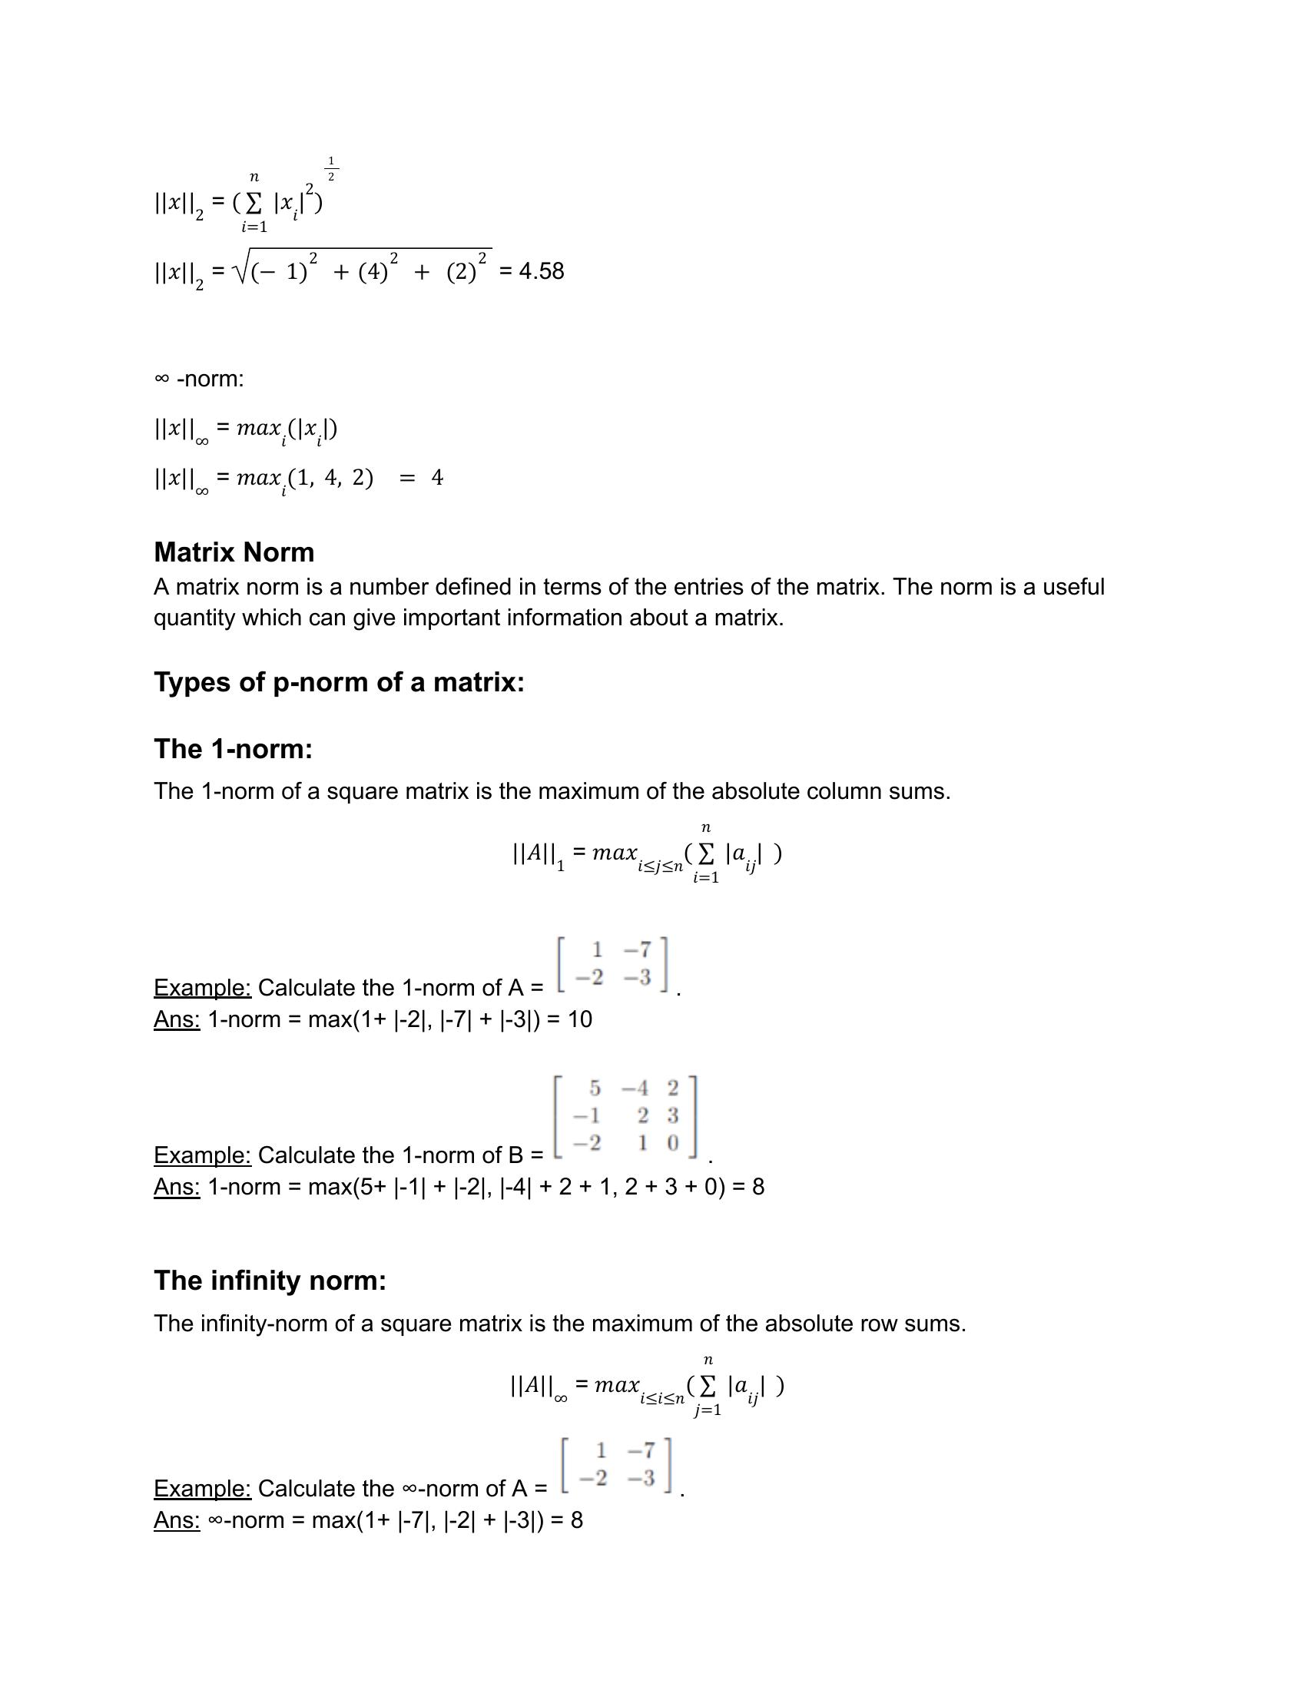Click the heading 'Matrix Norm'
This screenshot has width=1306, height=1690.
(234, 552)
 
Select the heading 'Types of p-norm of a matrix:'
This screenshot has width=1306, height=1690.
(339, 682)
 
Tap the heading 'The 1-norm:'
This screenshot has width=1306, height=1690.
(233, 749)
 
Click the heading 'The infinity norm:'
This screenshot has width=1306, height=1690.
(270, 1281)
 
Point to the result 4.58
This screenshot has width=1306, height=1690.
(542, 272)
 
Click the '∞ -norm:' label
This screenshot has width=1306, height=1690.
(199, 379)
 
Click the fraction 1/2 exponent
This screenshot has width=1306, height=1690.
(331, 170)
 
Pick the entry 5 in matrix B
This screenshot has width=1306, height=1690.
(594, 1088)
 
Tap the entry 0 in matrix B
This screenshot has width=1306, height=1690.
(672, 1143)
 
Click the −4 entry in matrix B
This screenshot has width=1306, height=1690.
(635, 1088)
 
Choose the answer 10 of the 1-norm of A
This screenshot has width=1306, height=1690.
(579, 1019)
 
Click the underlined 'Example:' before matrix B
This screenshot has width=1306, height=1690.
(202, 1155)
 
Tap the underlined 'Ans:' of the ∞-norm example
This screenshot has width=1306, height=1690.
(177, 1520)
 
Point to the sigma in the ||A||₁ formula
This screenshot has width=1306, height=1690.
(705, 853)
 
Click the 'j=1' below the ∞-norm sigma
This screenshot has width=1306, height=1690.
(707, 1410)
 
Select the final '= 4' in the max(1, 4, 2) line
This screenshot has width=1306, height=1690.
(422, 478)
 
